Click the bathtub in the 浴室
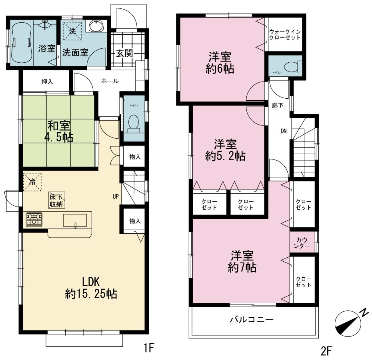click(x=21, y=43)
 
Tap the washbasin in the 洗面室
click(x=96, y=26)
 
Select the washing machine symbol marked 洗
click(x=72, y=31)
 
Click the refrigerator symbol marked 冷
click(x=32, y=182)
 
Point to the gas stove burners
click(x=34, y=219)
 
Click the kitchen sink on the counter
click(x=75, y=221)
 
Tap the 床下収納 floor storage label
click(x=56, y=200)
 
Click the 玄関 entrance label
click(x=124, y=53)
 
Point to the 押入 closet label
click(x=47, y=82)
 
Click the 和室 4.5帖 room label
click(x=59, y=131)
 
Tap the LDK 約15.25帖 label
click(x=91, y=288)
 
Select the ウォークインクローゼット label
click(x=285, y=35)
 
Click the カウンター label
click(x=302, y=243)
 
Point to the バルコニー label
click(x=252, y=320)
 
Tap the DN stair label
click(x=284, y=131)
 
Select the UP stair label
click(x=116, y=197)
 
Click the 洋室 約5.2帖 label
click(x=225, y=150)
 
